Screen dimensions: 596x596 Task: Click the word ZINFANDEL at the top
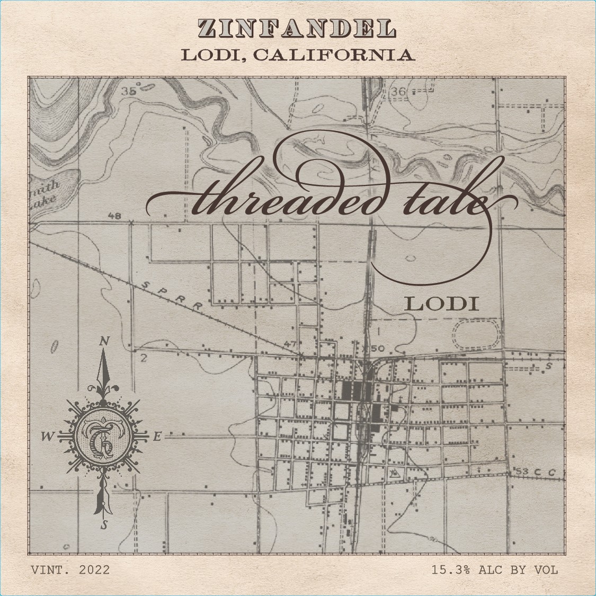[297, 29]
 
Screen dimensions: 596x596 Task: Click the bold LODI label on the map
[442, 304]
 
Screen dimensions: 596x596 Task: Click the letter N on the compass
[104, 343]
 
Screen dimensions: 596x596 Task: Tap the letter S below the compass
[104, 525]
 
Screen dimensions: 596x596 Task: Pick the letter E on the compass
[156, 437]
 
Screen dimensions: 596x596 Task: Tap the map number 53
[522, 472]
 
